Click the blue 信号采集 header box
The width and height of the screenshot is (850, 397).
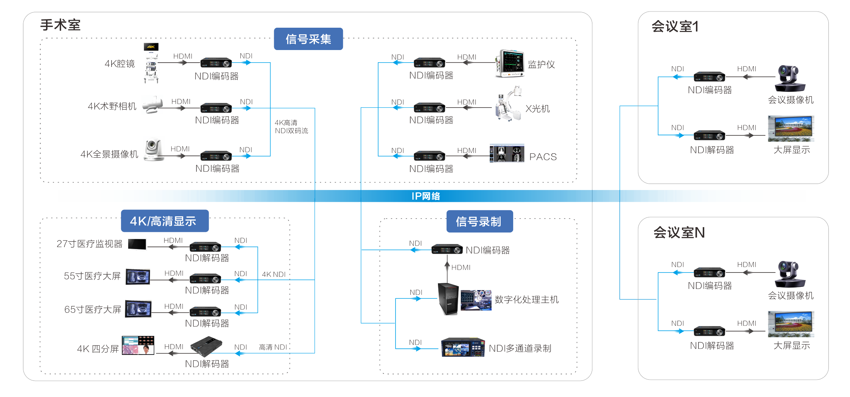308,39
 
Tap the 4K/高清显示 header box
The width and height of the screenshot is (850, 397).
164,221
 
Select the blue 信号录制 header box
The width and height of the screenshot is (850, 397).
479,221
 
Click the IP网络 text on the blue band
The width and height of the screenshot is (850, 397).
426,196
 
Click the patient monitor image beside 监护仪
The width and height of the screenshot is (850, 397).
510,64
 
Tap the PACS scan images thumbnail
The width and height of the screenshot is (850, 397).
507,154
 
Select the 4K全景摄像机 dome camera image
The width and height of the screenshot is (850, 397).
154,148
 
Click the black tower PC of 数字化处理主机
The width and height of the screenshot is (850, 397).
448,299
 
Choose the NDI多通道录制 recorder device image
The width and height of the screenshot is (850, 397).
463,347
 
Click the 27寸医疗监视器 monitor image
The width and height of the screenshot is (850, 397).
137,244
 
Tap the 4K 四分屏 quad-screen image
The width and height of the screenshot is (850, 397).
138,345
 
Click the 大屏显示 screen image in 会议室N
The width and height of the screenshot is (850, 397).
791,324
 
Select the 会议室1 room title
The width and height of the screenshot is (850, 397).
675,27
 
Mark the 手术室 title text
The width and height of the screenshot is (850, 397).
60,25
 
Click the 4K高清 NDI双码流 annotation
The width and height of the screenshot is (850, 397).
291,127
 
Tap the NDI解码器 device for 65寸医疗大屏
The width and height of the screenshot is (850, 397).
205,311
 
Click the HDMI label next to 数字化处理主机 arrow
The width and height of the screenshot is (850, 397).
461,267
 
